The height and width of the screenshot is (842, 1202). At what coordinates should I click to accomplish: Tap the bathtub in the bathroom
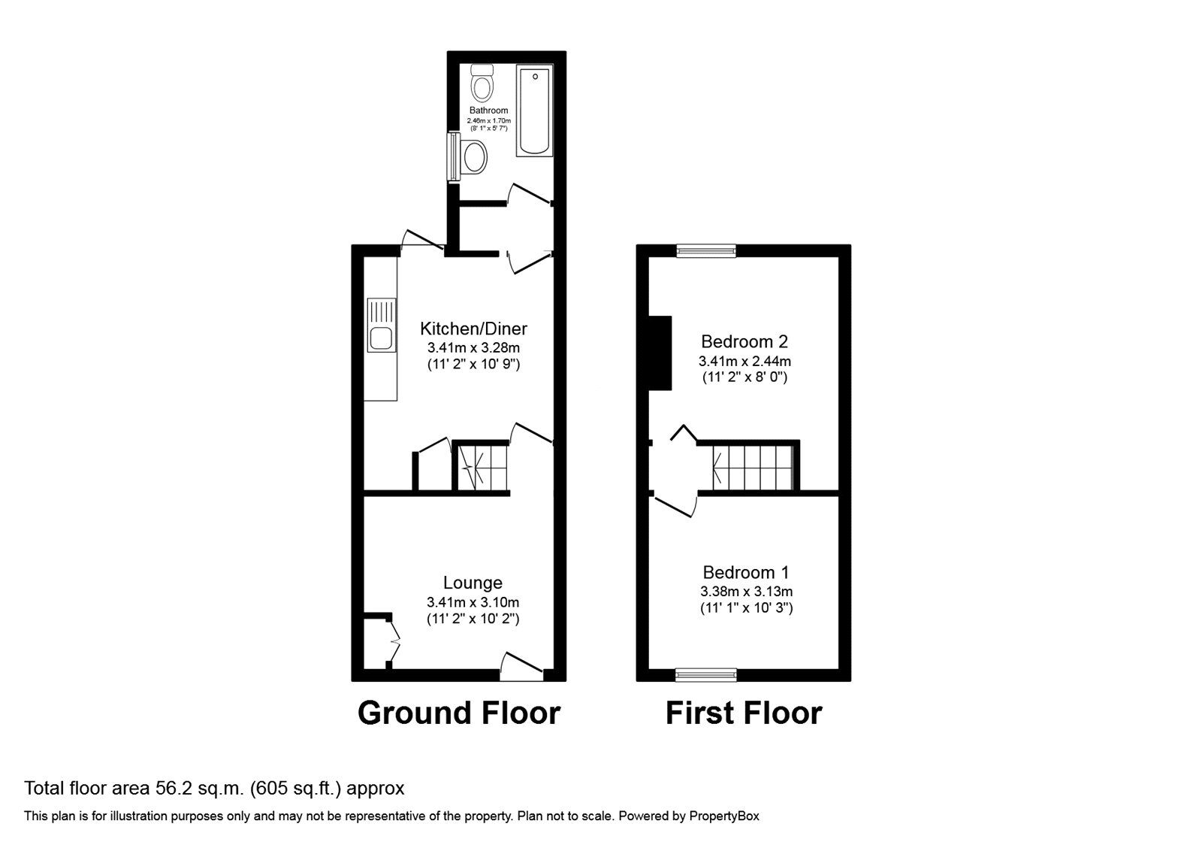tap(534, 111)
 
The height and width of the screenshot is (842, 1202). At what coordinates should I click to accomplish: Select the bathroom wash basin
tap(473, 158)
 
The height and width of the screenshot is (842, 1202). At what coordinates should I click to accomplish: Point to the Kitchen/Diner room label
tap(473, 329)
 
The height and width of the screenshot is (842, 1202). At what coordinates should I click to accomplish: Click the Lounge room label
tap(473, 583)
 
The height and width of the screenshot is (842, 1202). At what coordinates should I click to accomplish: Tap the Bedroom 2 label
tap(744, 341)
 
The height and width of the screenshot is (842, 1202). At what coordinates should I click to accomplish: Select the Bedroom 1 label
tap(745, 573)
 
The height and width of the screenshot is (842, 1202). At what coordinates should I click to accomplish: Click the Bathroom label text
tap(488, 111)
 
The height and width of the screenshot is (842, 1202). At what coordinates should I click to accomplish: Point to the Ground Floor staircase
tap(481, 466)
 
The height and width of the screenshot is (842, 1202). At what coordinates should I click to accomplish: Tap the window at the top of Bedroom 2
tap(705, 251)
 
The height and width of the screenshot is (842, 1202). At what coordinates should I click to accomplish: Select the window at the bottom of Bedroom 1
tap(705, 675)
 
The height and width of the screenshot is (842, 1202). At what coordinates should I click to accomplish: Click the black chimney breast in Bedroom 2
tap(660, 353)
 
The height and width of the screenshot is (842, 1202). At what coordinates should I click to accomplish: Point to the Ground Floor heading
tap(458, 713)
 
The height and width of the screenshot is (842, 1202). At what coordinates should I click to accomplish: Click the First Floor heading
tap(744, 713)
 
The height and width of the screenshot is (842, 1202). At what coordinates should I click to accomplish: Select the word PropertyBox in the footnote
tap(724, 816)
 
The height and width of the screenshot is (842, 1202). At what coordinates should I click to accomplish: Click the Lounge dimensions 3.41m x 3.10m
tap(473, 602)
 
